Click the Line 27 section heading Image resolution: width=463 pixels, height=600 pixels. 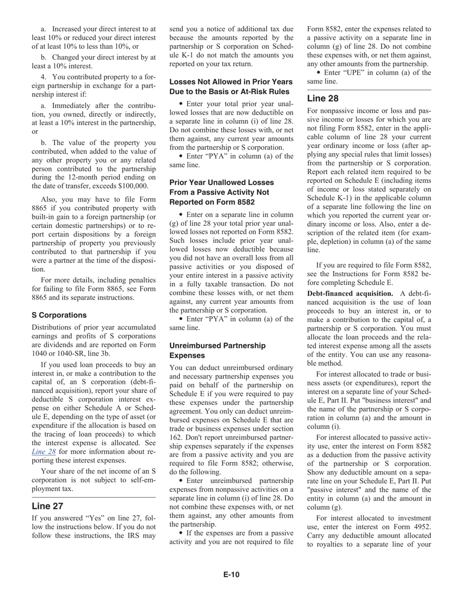[x=47, y=506]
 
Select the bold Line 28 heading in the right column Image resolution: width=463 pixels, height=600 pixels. [x=323, y=98]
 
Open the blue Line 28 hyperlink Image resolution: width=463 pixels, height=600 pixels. [x=43, y=451]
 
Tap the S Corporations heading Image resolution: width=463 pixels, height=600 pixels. [x=59, y=315]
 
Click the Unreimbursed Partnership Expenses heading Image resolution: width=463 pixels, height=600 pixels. [x=217, y=350]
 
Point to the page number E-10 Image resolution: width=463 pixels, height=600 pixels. [x=231, y=575]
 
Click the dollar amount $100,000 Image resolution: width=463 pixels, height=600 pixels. [x=132, y=186]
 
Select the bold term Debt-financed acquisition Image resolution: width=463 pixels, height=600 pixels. [x=350, y=293]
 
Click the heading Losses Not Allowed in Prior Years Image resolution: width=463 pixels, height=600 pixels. [x=231, y=81]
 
